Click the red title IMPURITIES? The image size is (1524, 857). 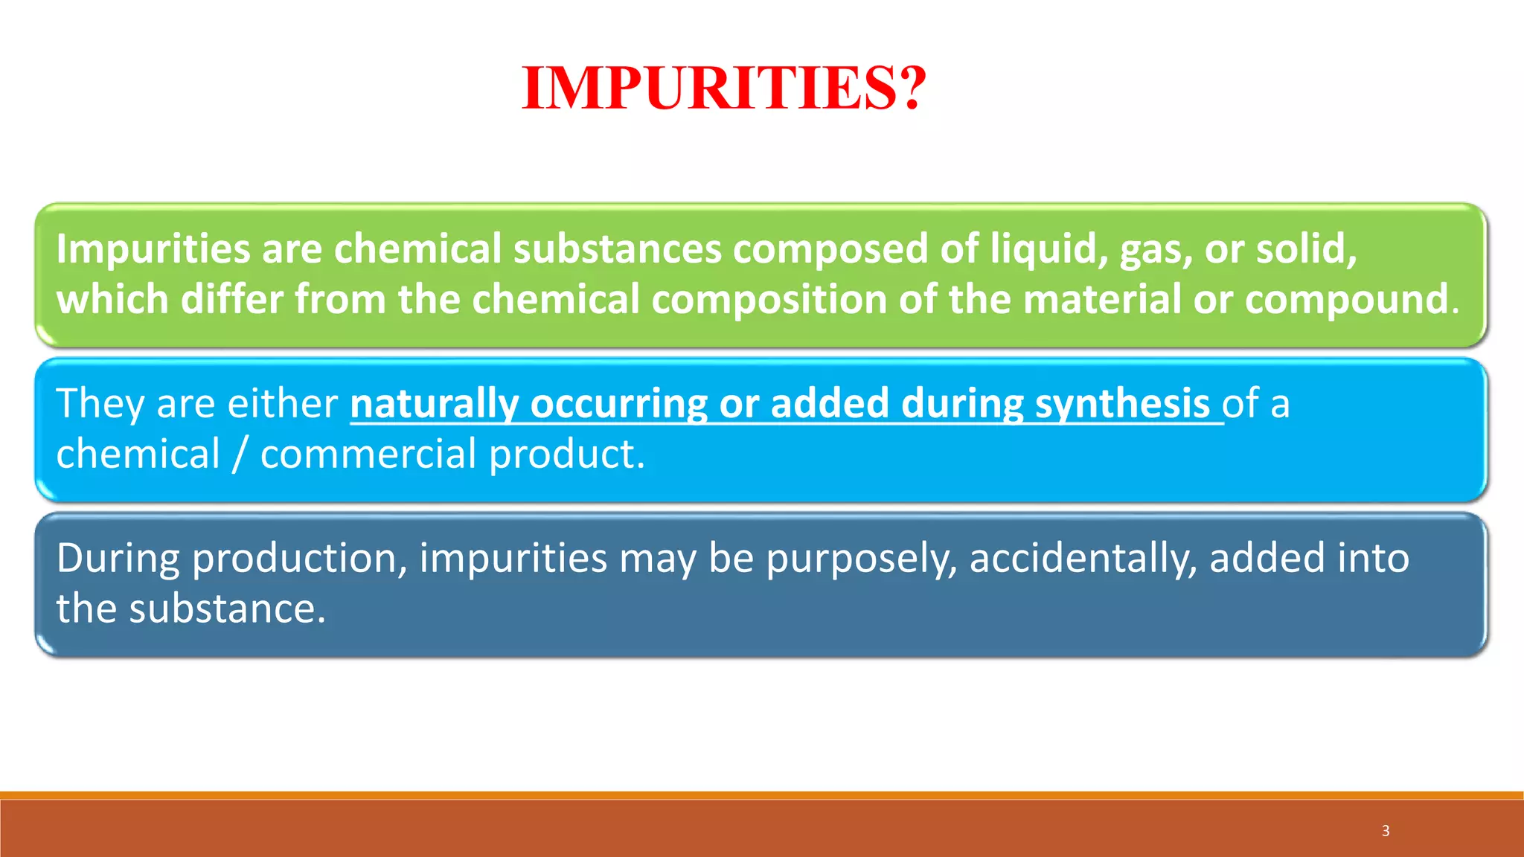[x=724, y=89]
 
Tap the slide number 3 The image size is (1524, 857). [x=1386, y=831]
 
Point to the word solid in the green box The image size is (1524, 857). [x=1306, y=249]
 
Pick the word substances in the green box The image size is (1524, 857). [x=617, y=249]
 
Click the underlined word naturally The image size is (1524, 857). [x=434, y=404]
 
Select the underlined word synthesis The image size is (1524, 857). [x=1122, y=404]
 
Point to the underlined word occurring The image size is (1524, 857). [x=618, y=404]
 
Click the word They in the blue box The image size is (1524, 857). [x=100, y=404]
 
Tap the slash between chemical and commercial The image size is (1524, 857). [x=239, y=455]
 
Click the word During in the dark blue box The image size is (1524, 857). [x=118, y=559]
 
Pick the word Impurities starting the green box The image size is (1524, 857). [x=153, y=249]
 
